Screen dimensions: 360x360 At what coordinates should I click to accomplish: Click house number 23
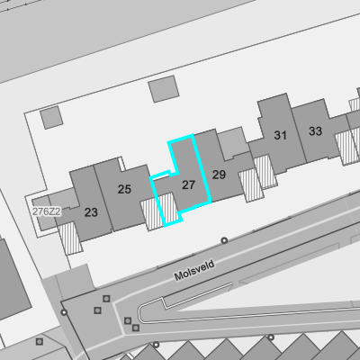click(91, 212)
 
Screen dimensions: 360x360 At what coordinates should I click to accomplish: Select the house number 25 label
click(124, 189)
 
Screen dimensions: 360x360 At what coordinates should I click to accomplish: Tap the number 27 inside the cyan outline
click(188, 184)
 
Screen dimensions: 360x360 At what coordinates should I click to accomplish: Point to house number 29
click(219, 175)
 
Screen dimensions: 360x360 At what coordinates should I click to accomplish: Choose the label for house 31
click(281, 135)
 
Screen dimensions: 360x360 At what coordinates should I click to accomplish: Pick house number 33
click(315, 131)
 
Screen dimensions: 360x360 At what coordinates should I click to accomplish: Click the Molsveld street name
click(194, 270)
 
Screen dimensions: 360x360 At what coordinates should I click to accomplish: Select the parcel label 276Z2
click(47, 211)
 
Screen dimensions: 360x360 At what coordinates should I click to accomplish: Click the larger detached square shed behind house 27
click(164, 89)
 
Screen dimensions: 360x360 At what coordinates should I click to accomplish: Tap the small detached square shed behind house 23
click(51, 118)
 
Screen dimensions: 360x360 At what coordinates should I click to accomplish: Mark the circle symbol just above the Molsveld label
click(224, 240)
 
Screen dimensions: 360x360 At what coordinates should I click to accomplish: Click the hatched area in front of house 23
click(70, 238)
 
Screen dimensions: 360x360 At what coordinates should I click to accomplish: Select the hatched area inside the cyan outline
click(168, 208)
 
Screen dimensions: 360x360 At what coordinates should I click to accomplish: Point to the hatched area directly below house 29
click(251, 184)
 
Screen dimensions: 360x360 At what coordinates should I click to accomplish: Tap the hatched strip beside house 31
click(265, 172)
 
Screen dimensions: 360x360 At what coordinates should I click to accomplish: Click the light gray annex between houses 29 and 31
click(234, 143)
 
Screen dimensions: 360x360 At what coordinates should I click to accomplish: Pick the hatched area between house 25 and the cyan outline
click(152, 214)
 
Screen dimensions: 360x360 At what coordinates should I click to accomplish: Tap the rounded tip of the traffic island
click(139, 314)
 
